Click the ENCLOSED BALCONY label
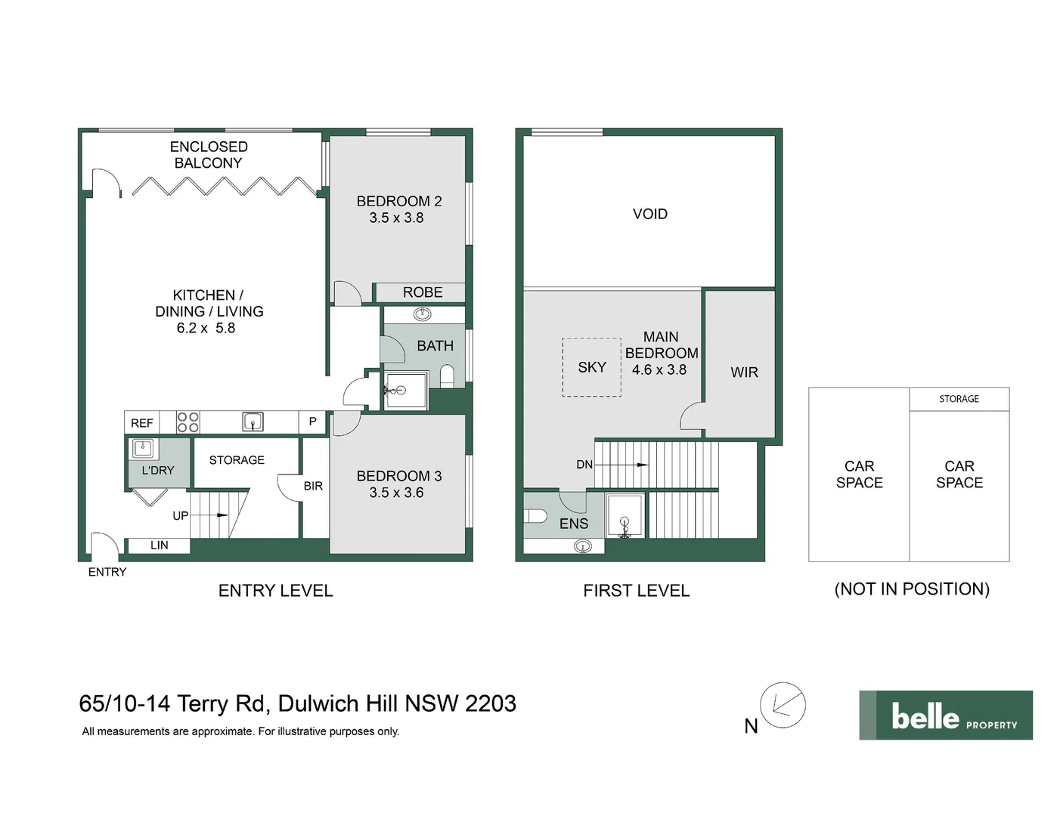209,155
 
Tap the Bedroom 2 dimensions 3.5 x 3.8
396,218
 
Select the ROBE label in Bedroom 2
422,292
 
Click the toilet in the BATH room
447,376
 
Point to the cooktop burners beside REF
188,422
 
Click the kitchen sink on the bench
253,422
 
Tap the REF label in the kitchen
142,423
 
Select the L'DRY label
157,470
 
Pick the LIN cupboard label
159,545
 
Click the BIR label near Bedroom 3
313,486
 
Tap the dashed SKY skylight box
591,367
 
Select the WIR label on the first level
744,372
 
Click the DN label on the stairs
584,465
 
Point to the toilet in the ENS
535,516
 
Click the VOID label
650,214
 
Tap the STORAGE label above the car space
959,399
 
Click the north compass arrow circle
783,705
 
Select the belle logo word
925,716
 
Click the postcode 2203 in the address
491,703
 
